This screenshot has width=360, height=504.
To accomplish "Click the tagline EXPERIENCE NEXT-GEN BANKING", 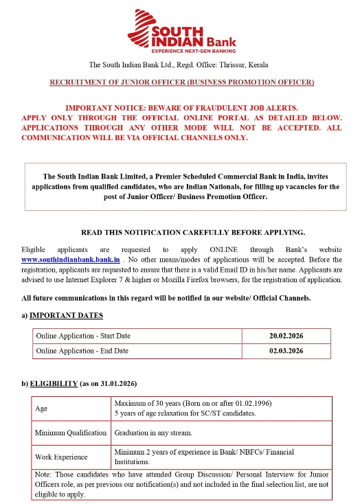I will point(193,51).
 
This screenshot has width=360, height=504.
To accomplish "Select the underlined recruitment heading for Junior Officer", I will point(182,82).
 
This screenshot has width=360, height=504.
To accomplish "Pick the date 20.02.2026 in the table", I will point(286,336).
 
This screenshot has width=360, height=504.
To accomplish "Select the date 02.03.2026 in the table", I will point(286,352).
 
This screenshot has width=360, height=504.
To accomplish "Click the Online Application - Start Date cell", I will point(84,336).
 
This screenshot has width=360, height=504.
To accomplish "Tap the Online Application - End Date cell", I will point(82,352).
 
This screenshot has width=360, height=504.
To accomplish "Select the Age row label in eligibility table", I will point(41,408).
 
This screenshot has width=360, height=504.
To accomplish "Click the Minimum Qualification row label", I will point(71,433).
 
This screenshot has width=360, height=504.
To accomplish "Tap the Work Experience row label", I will point(61,457).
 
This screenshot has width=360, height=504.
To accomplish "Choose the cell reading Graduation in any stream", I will point(153,433).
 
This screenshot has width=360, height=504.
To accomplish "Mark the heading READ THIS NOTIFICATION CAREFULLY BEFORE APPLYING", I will point(193,232).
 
